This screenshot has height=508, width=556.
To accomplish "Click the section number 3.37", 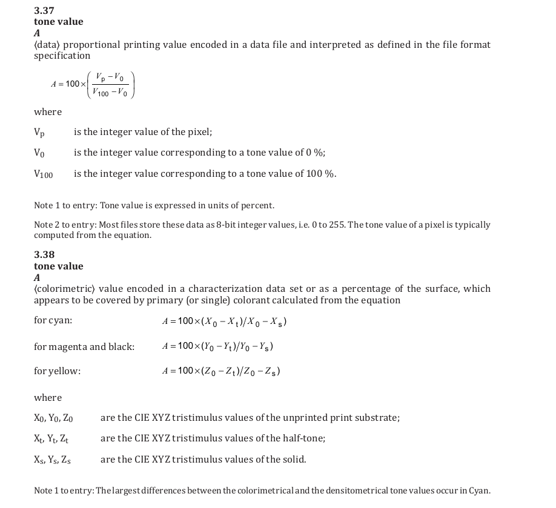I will tap(44, 10).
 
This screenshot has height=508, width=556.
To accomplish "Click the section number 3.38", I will tap(44, 255).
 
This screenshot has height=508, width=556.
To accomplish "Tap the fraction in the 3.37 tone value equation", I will tap(111, 84).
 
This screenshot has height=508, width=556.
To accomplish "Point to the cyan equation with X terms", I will tap(224, 322).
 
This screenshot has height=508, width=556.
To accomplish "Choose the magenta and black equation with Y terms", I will tap(217, 346).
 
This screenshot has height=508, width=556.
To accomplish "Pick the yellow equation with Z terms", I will tap(221, 371).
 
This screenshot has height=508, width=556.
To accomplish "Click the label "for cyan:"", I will tap(53, 321).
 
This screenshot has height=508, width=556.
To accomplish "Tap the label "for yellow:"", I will tap(57, 371).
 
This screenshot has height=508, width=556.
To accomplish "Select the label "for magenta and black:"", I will tap(84, 347).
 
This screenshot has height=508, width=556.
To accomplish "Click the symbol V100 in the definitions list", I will tap(43, 174).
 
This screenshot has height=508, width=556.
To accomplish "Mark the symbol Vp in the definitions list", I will tap(39, 133).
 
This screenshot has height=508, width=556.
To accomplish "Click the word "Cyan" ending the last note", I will tap(478, 490).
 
